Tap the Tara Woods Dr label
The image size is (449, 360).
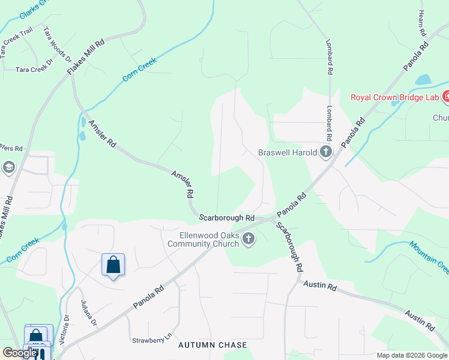coord(58,44)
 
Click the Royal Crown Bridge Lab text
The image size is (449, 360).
coord(394,96)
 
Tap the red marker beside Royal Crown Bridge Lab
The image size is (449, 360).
coord(446,96)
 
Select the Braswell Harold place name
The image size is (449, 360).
coord(288,152)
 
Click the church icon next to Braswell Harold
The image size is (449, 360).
coord(326,152)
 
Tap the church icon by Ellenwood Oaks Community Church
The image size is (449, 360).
coord(248,239)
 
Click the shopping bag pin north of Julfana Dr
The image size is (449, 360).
coord(113,265)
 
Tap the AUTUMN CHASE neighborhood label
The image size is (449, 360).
coord(212,345)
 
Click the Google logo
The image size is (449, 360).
coord(19,353)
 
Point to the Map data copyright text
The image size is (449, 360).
coord(411,355)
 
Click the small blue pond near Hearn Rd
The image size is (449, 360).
coord(423,80)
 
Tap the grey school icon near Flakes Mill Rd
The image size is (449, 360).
coord(8,167)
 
